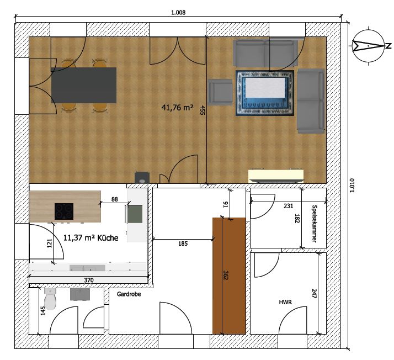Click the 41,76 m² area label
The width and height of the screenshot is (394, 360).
pos(177,108)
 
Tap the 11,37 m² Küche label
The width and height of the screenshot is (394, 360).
pos(90,237)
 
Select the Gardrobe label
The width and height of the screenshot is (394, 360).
pos(129,294)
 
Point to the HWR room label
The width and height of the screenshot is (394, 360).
pos(285,302)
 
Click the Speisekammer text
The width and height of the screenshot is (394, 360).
pos(314,224)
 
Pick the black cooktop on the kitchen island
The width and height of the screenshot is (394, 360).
pos(64,211)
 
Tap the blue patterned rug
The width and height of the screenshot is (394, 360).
pos(265,93)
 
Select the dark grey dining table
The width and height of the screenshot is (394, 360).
pos(84,85)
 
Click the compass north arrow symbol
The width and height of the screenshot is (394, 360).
pos(369,46)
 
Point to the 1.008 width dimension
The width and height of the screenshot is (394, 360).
pos(178,13)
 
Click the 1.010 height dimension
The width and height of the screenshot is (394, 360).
pos(352,186)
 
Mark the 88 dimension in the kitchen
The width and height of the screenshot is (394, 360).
pos(114,199)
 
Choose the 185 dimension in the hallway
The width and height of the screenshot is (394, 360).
pos(183,243)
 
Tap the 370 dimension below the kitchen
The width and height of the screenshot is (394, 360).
pos(89,280)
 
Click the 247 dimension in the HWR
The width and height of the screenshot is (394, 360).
pos(314,293)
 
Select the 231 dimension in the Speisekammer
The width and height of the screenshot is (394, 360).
pos(289,206)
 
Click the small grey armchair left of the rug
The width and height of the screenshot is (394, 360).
pos(220,92)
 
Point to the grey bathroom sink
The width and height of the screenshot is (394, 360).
pos(80,294)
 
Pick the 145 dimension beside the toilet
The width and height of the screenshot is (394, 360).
pos(43,311)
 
